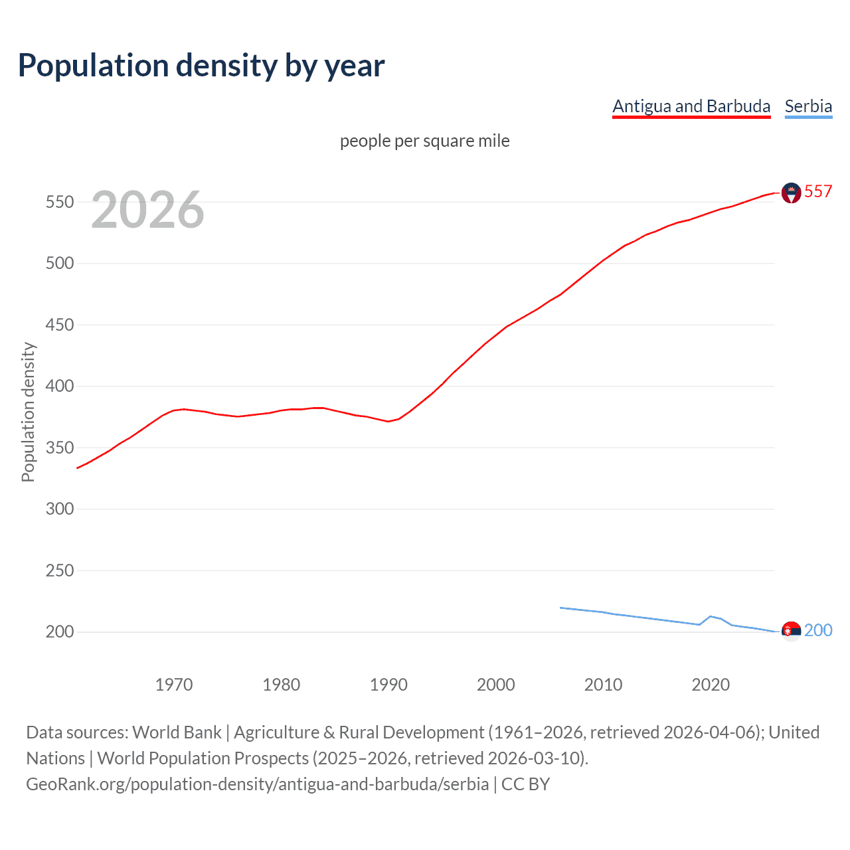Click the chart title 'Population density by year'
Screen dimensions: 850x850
pyautogui.click(x=201, y=66)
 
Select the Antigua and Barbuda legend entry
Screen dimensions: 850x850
pyautogui.click(x=691, y=106)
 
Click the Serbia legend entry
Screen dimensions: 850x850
pyautogui.click(x=808, y=106)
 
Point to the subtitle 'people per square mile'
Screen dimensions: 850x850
pyautogui.click(x=425, y=141)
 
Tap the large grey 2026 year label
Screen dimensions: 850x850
pyautogui.click(x=147, y=210)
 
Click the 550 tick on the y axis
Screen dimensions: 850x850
pyautogui.click(x=59, y=202)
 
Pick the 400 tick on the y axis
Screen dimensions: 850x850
pyautogui.click(x=59, y=386)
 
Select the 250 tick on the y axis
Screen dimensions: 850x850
pyautogui.click(x=59, y=570)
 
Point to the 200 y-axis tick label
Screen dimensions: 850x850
pyautogui.click(x=59, y=632)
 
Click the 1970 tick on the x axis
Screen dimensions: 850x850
pyautogui.click(x=174, y=685)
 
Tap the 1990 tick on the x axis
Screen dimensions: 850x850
pyautogui.click(x=388, y=685)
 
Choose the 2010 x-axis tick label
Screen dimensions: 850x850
pyautogui.click(x=603, y=685)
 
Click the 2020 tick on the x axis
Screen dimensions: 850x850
pyautogui.click(x=711, y=685)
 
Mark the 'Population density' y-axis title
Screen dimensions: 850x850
pyautogui.click(x=28, y=412)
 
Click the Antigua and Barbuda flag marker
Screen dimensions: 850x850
pyautogui.click(x=791, y=193)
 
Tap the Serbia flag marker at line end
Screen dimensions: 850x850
pyautogui.click(x=791, y=632)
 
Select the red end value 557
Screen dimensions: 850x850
pyautogui.click(x=818, y=191)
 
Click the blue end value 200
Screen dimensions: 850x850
pyautogui.click(x=818, y=630)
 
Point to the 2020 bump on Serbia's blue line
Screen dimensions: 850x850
pyautogui.click(x=711, y=616)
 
